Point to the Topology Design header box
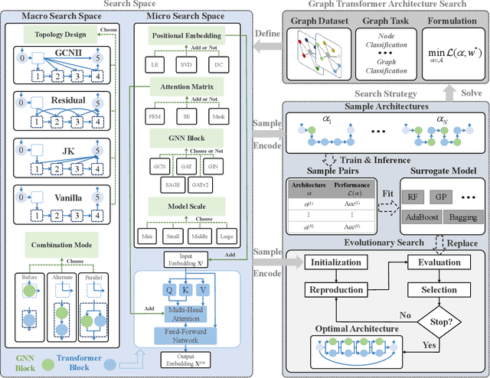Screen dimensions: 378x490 57,34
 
